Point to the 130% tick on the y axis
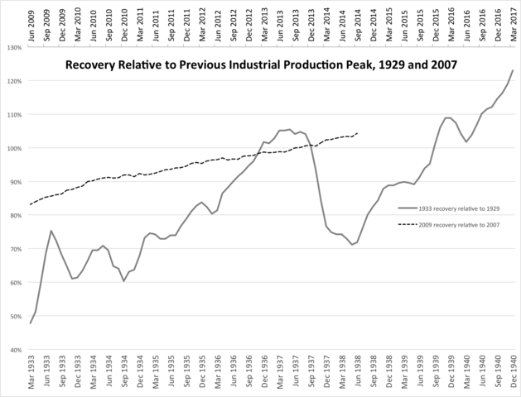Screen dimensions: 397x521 click(x=12, y=47)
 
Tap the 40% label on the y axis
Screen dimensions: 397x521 click(x=14, y=350)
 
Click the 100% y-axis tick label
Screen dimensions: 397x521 click(x=12, y=148)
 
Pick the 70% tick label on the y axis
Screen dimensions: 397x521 click(x=14, y=249)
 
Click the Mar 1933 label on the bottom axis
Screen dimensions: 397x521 click(x=31, y=373)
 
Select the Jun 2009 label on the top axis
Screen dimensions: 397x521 click(x=31, y=22)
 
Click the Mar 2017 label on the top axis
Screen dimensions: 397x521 click(x=514, y=22)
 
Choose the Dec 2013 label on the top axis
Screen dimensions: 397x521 click(x=311, y=22)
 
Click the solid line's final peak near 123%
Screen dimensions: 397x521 click(x=513, y=70)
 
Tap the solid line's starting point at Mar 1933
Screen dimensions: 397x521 click(x=31, y=323)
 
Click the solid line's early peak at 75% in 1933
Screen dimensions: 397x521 click(x=51, y=231)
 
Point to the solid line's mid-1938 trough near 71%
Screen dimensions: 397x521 click(x=353, y=245)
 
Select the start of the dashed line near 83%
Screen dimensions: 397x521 click(x=31, y=203)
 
